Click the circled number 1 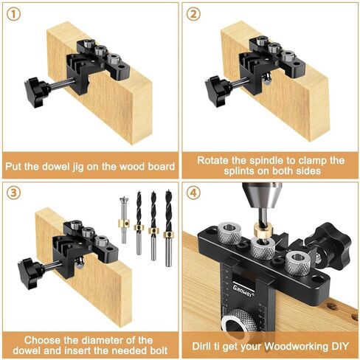[15, 14]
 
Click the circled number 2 [194, 14]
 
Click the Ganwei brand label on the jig [231, 291]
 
